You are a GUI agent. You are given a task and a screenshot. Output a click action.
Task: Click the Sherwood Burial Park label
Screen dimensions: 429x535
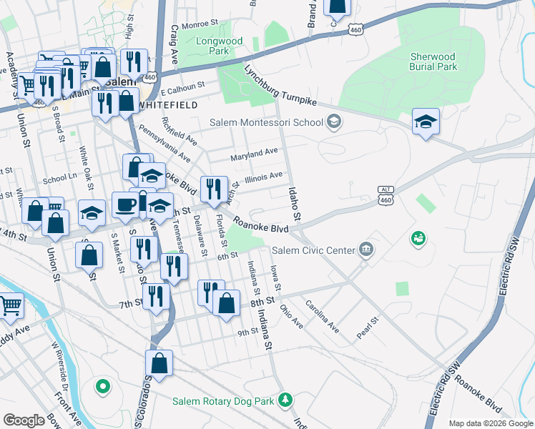tap(433, 61)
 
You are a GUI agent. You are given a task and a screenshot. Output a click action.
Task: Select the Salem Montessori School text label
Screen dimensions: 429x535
tap(266, 122)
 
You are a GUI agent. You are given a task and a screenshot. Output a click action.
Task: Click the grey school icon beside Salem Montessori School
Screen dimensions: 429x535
tap(333, 122)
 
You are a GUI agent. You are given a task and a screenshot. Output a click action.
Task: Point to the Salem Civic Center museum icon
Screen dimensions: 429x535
tap(367, 250)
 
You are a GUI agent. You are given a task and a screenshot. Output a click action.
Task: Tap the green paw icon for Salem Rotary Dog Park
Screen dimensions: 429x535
tap(286, 400)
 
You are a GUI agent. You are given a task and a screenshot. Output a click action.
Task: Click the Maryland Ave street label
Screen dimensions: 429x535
tap(253, 153)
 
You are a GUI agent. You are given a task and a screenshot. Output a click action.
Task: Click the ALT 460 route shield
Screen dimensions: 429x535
tap(386, 197)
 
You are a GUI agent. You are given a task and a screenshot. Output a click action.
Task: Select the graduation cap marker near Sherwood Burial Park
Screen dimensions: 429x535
tap(426, 121)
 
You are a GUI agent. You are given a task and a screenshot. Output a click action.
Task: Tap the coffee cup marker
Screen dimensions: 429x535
tap(126, 204)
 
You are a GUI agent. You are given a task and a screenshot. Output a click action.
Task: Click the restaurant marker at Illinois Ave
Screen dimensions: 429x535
tap(214, 189)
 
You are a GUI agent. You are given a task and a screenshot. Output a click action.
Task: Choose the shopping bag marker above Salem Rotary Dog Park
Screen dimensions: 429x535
tap(159, 363)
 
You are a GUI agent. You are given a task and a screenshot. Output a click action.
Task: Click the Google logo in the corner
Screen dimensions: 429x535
tap(24, 420)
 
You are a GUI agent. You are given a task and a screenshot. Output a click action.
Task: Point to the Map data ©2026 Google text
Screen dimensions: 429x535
tap(490, 423)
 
